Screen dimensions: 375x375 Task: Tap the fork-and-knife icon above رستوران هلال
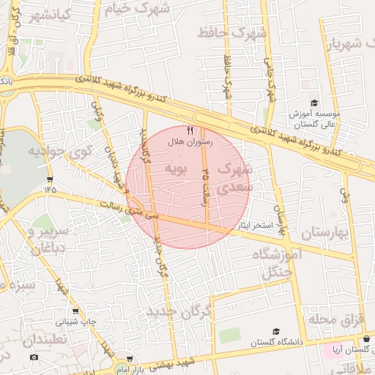190,130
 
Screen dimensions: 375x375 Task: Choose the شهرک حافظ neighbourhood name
237,32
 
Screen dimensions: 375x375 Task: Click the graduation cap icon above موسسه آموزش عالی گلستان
314,103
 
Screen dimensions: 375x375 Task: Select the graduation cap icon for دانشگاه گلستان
275,332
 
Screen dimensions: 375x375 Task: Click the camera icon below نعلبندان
34,357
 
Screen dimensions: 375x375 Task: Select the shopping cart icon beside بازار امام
130,360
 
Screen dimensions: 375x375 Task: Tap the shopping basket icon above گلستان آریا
366,338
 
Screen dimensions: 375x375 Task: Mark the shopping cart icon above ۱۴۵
49,178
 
